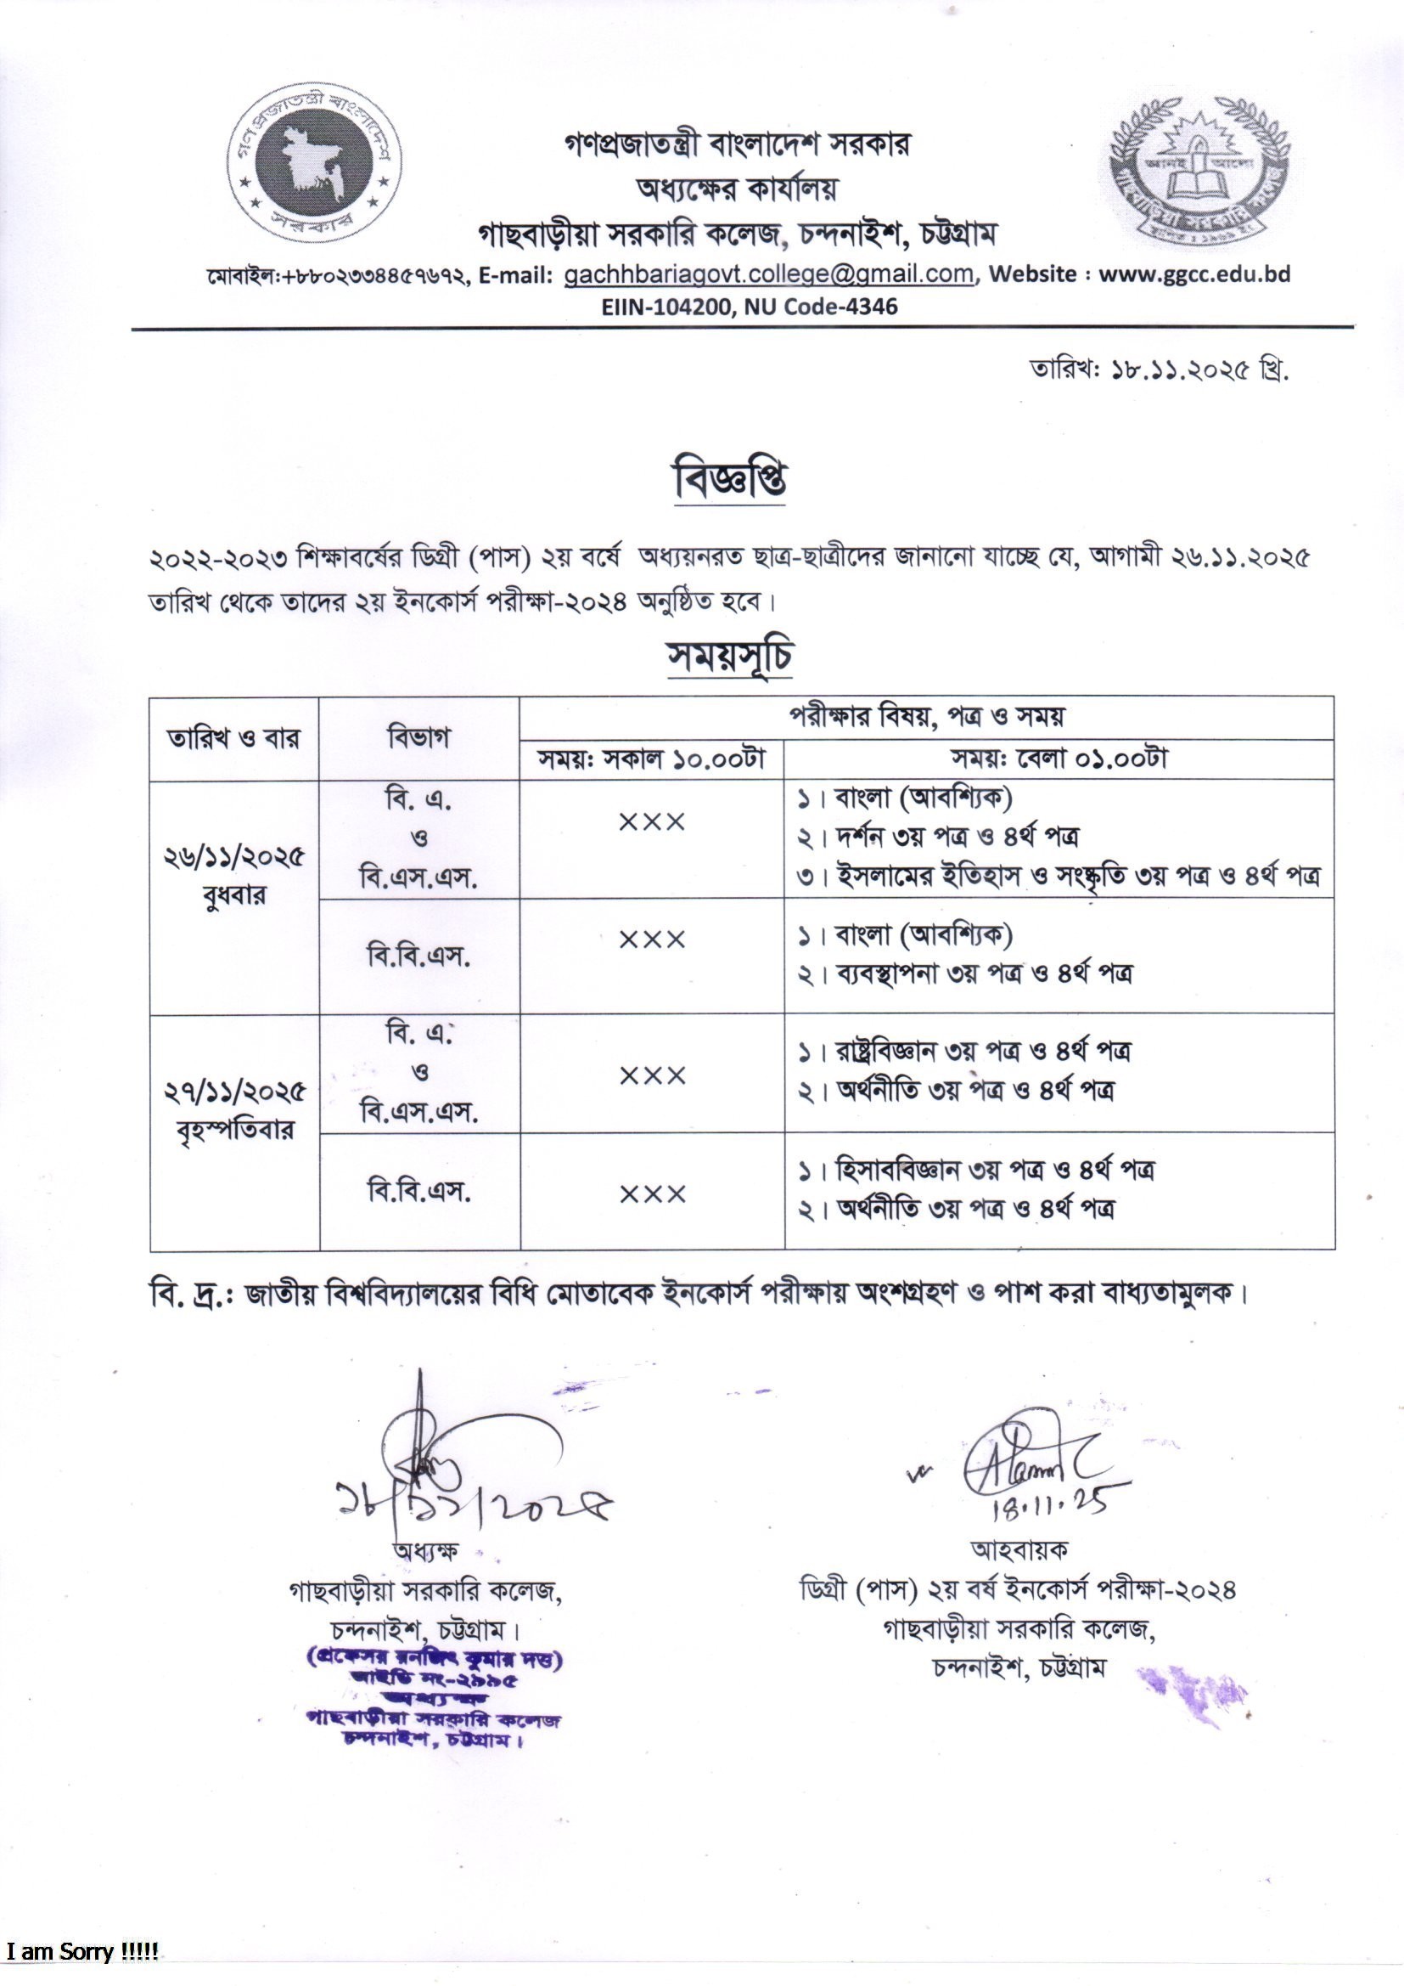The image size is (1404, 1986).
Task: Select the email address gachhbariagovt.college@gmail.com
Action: (768, 274)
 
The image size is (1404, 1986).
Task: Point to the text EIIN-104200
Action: (665, 305)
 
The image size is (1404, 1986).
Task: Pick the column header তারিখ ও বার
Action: (234, 739)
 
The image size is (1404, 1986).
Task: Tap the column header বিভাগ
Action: (418, 739)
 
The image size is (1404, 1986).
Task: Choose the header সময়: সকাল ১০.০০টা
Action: (652, 759)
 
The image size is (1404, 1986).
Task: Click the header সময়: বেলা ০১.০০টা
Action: (1059, 759)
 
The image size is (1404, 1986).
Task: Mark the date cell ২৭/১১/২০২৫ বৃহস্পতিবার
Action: (234, 1110)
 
